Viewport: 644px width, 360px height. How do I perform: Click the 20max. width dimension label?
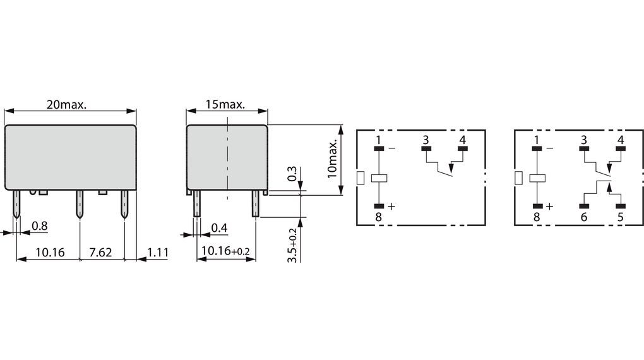coord(66,105)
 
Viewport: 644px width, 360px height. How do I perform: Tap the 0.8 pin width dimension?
coord(40,226)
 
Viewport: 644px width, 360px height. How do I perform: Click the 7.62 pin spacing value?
coord(101,253)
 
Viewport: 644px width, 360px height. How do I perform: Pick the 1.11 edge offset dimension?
coord(158,253)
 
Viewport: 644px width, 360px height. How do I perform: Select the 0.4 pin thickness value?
coord(219,227)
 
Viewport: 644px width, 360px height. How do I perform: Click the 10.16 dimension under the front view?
coord(50,253)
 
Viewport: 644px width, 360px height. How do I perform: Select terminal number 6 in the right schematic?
coord(583,217)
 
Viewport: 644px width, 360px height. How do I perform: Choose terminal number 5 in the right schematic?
coord(620,217)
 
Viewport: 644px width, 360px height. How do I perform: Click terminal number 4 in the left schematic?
coord(463,140)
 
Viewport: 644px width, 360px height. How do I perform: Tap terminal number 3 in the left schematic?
coord(426,140)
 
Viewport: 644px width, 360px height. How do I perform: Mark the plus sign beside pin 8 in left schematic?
coord(391,207)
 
